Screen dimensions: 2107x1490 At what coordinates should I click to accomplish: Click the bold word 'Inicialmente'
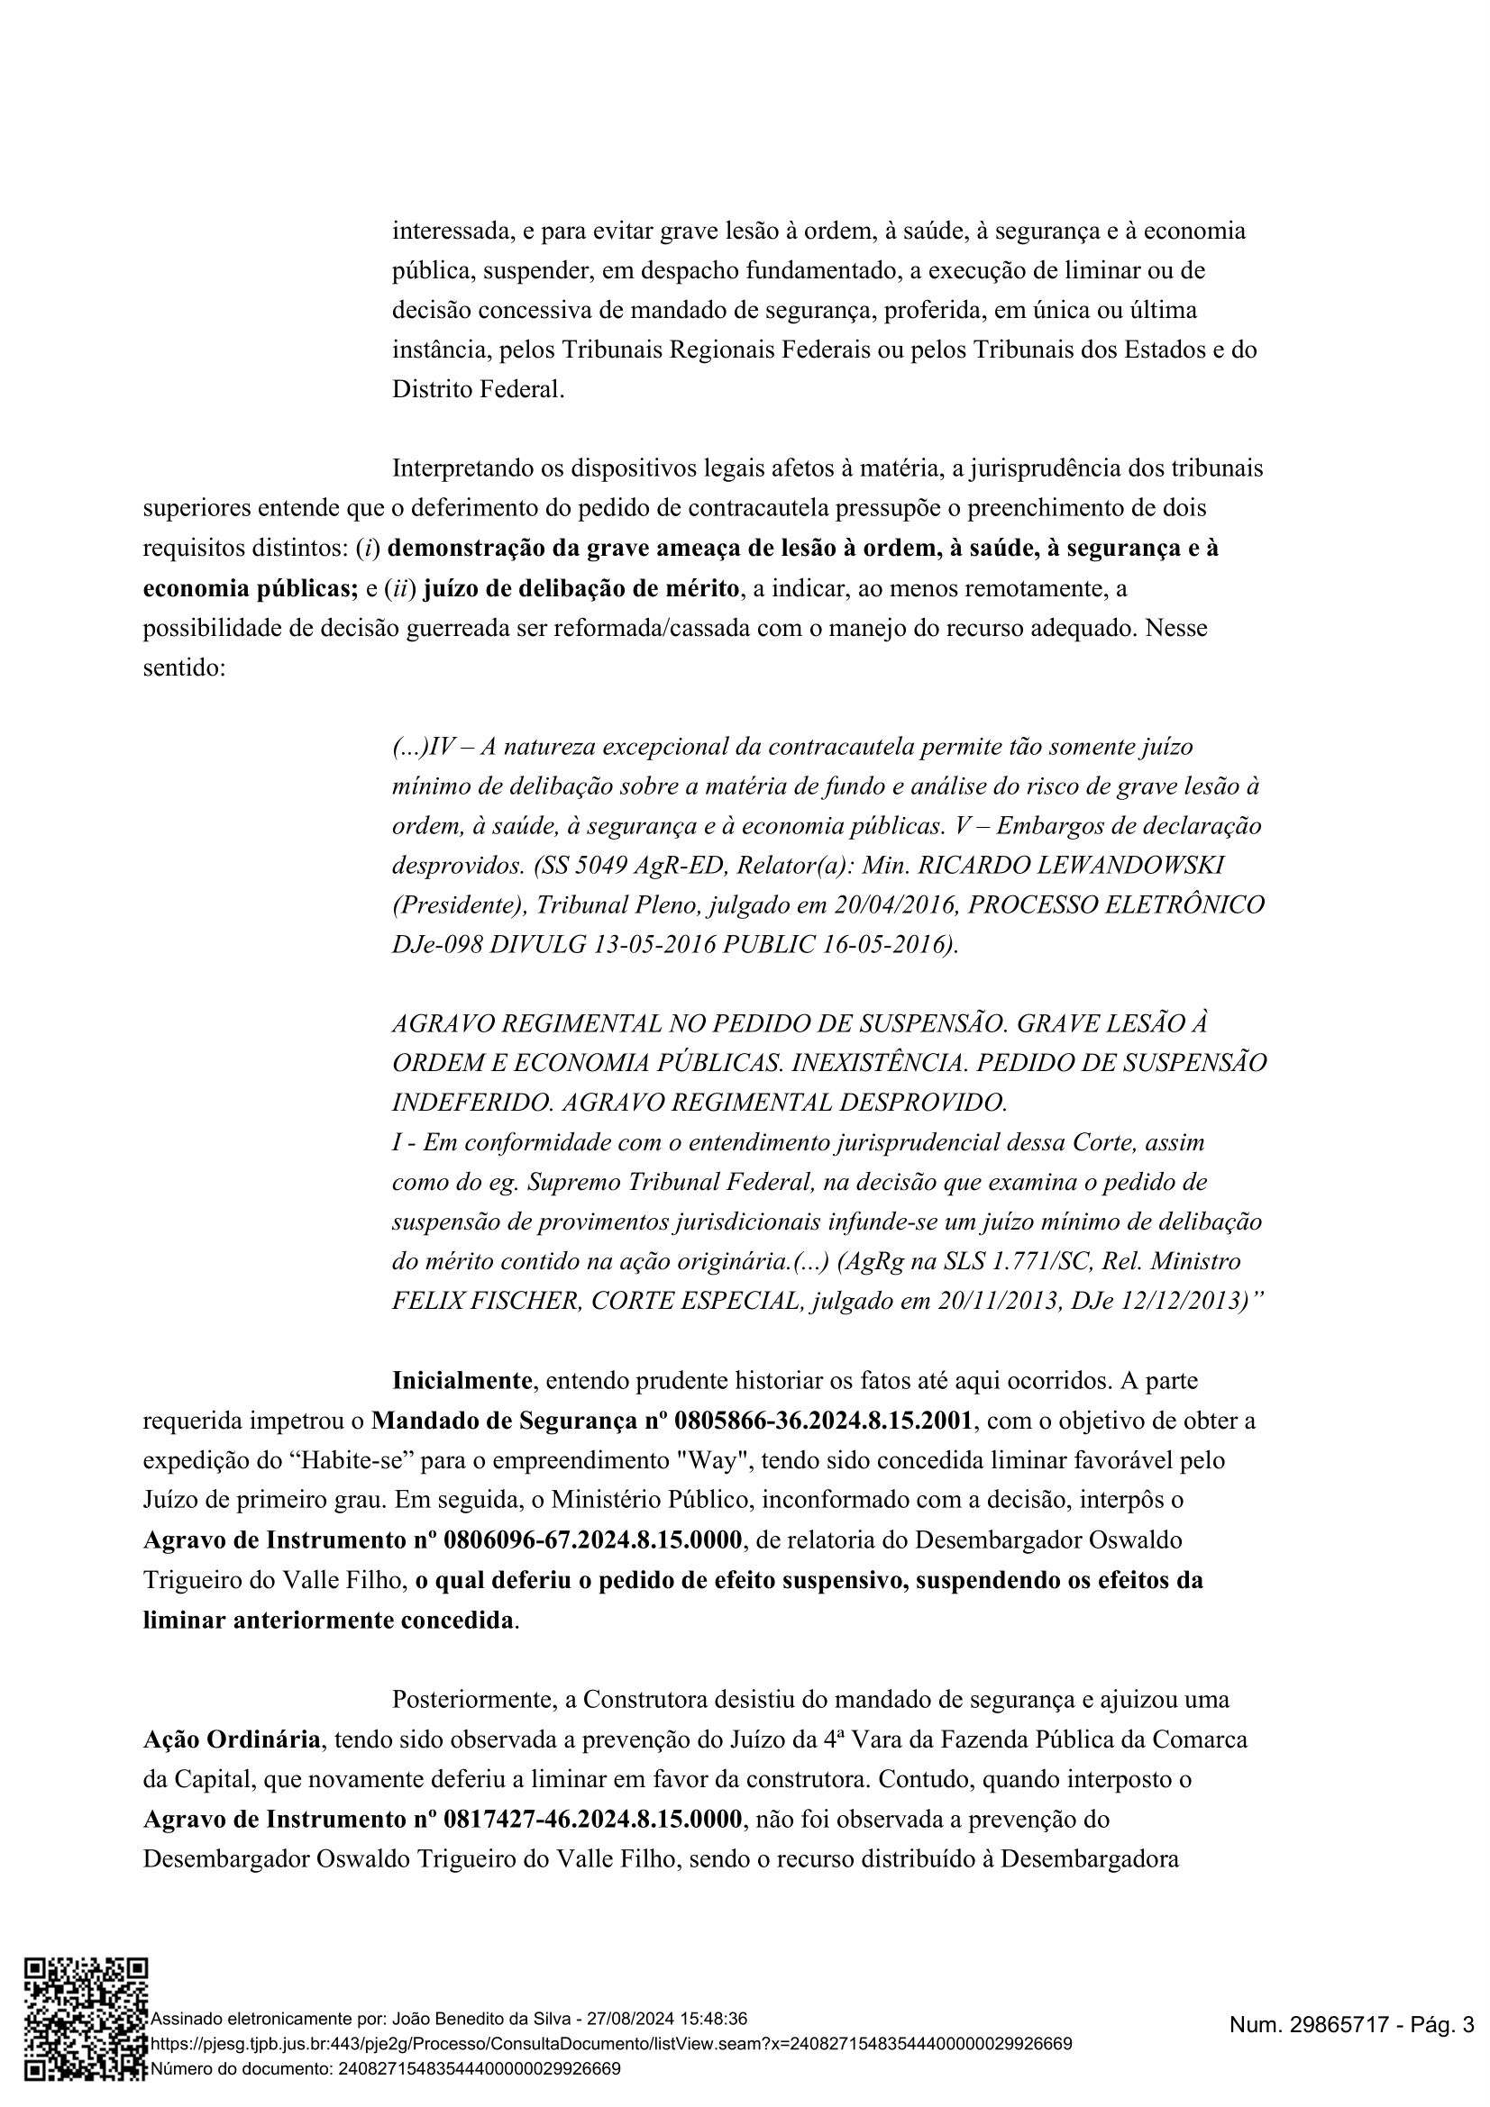462,1381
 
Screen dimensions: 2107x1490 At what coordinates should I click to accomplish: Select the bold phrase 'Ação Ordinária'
232,1739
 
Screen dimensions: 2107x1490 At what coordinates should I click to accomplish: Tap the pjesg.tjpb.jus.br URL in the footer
610,2045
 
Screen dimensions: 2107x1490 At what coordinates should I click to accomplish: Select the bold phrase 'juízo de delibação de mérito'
581,588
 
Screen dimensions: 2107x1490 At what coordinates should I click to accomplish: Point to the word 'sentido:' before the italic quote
184,668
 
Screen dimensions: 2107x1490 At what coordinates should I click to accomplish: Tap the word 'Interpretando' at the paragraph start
462,469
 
